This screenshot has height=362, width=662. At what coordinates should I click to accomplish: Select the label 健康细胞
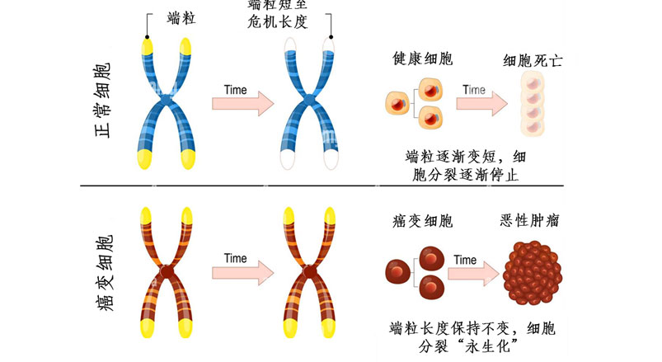tap(423, 59)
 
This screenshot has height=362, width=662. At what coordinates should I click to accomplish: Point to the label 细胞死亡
tap(533, 60)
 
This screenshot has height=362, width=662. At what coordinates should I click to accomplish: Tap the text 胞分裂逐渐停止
tap(465, 174)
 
